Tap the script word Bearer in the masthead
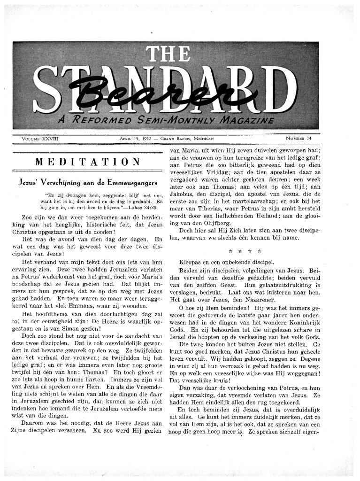coord(156,93)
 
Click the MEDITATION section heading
coord(88,162)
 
